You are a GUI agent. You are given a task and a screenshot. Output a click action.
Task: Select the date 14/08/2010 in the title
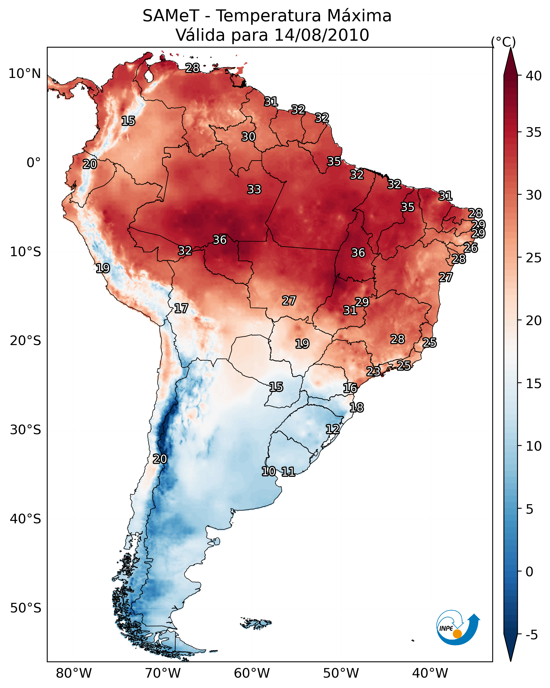tap(321, 35)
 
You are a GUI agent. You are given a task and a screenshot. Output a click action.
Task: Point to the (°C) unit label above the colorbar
tap(503, 42)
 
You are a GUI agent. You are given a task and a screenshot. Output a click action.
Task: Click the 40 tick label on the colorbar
tap(534, 76)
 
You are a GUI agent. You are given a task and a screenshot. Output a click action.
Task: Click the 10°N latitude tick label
tap(24, 74)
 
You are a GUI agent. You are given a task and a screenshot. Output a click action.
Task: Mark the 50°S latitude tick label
tap(26, 608)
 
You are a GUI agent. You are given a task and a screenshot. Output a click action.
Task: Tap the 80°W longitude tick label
tap(74, 673)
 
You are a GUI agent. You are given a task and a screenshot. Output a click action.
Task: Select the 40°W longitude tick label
tap(430, 673)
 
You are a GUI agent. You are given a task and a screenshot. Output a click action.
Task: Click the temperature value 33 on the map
tap(254, 189)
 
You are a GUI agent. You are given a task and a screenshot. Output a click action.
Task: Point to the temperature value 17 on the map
tap(181, 309)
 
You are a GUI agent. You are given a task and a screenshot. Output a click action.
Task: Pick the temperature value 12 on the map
tap(333, 429)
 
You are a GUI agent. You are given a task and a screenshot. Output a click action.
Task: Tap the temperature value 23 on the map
tap(373, 371)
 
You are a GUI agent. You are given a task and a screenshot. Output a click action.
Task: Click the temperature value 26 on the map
tap(471, 248)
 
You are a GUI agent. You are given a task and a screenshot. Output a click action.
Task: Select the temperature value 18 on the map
tap(357, 408)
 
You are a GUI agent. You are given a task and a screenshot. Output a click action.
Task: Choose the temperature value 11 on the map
tap(288, 472)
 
